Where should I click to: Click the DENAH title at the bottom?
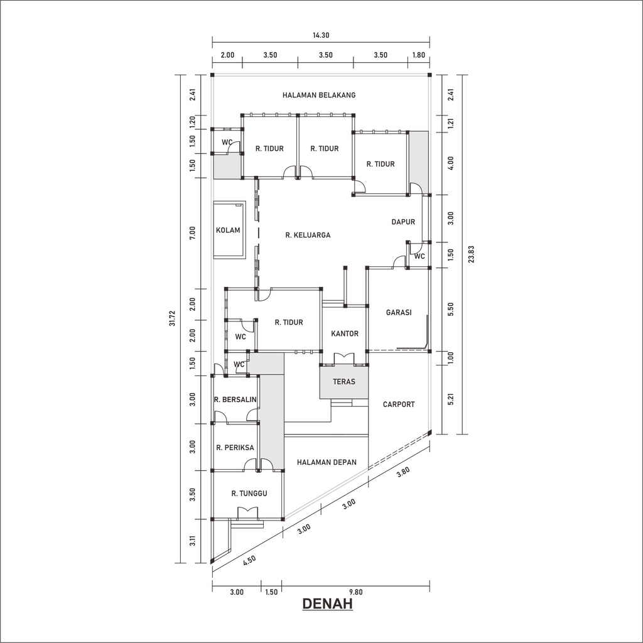(x=327, y=604)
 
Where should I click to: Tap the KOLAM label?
(x=228, y=230)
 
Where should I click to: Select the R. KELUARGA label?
(x=308, y=235)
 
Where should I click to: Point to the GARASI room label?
(x=399, y=311)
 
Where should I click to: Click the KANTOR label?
(x=344, y=333)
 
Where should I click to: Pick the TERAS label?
(x=344, y=381)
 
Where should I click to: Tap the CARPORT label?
(x=399, y=404)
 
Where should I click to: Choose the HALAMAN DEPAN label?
(x=327, y=462)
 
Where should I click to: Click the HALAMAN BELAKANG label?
(x=319, y=95)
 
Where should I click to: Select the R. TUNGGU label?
(x=249, y=494)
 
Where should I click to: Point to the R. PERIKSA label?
(x=235, y=448)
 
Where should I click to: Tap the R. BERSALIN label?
(x=235, y=399)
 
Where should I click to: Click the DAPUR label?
(x=403, y=222)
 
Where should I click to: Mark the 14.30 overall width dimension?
(x=320, y=36)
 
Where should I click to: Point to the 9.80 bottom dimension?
(x=355, y=592)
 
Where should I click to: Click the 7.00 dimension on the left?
(x=193, y=233)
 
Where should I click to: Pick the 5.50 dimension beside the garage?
(x=450, y=310)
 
